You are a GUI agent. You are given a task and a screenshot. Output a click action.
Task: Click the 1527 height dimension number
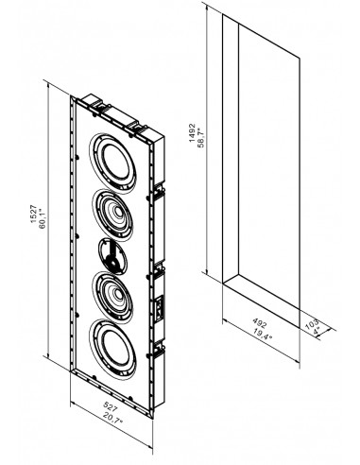34,215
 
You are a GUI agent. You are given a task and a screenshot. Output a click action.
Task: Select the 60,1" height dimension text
43,215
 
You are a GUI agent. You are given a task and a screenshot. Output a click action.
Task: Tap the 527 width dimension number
111,406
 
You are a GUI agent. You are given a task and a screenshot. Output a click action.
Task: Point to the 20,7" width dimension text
112,418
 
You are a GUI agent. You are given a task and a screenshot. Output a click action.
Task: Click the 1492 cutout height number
192,133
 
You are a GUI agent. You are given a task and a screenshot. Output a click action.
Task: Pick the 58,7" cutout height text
201,136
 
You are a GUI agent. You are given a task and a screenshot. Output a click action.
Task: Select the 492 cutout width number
260,323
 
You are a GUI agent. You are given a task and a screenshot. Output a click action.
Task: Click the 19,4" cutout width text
262,334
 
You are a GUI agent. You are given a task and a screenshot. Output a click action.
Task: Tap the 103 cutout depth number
312,324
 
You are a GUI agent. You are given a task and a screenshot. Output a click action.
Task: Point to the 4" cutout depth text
317,331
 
